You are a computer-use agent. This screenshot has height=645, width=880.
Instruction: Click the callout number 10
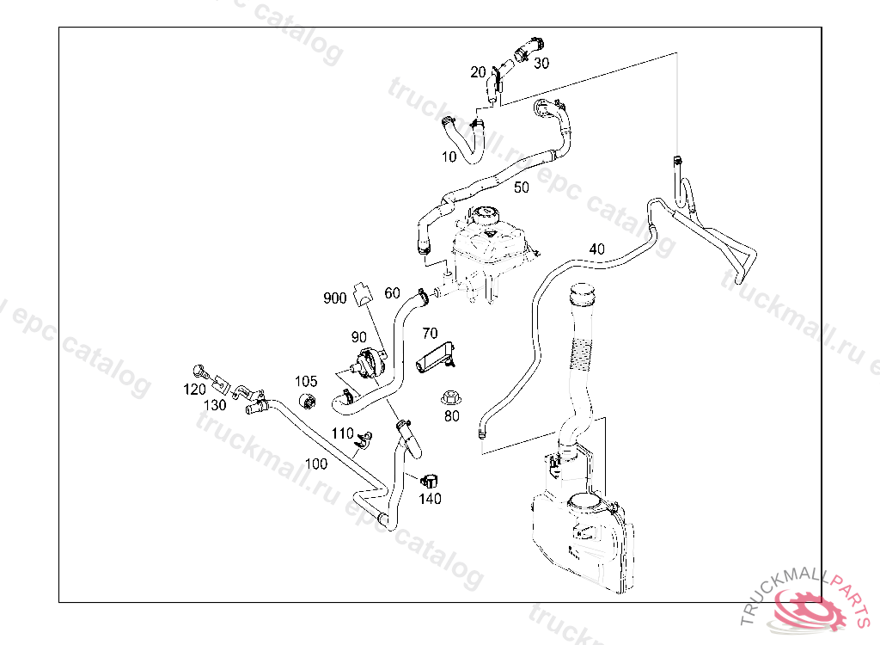tap(449, 157)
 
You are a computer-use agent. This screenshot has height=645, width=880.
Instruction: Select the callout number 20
tap(478, 72)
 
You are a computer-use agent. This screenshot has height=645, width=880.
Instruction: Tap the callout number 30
tap(541, 63)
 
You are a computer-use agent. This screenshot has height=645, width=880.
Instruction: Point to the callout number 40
tap(596, 249)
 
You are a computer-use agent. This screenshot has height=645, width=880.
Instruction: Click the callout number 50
tap(522, 187)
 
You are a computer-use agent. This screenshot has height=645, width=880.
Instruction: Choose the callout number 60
tap(392, 292)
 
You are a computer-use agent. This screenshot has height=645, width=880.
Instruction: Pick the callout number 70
tap(430, 333)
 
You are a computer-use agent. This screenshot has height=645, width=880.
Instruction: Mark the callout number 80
tap(451, 416)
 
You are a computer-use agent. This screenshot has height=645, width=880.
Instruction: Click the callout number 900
tap(334, 298)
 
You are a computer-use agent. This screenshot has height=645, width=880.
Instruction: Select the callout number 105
tap(306, 381)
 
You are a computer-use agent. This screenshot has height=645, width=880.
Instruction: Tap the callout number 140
tap(430, 498)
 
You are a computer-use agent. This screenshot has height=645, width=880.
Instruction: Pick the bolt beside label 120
tap(203, 372)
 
